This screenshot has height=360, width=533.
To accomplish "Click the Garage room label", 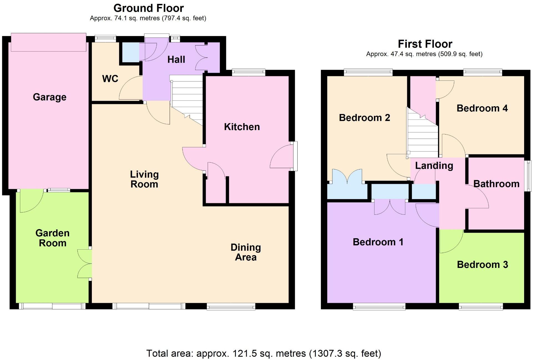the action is [50, 97].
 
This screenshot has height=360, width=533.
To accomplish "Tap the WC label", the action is [110, 79].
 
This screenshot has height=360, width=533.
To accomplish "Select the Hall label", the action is [176, 59].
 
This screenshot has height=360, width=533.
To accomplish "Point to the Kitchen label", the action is [242, 127].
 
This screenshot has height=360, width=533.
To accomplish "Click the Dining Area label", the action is [246, 252].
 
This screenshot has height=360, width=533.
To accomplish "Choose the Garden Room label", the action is [52, 238].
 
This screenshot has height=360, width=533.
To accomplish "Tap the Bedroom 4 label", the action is [482, 108].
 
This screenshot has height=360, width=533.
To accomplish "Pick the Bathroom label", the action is [496, 184].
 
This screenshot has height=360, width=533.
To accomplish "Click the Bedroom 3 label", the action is [482, 265].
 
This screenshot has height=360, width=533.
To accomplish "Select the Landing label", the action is [434, 166].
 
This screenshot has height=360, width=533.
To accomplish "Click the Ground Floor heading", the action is [149, 8].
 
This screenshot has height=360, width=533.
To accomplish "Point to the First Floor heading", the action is [425, 44].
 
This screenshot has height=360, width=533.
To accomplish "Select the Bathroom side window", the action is [528, 176].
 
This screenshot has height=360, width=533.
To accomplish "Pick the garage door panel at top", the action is [48, 42].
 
